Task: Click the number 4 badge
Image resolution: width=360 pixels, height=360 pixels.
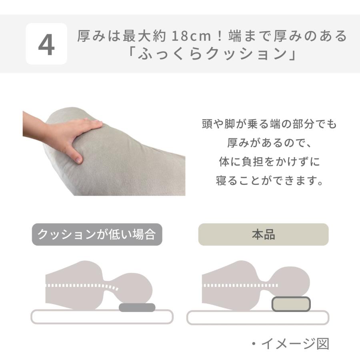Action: [46, 44]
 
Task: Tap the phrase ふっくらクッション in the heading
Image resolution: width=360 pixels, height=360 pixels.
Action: [212, 54]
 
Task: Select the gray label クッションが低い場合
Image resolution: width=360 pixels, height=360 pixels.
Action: [97, 234]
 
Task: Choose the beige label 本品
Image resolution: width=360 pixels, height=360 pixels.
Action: [263, 234]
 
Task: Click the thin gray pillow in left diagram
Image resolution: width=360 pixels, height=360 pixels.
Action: [137, 307]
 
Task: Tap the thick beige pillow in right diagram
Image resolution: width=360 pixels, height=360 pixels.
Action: [291, 304]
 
